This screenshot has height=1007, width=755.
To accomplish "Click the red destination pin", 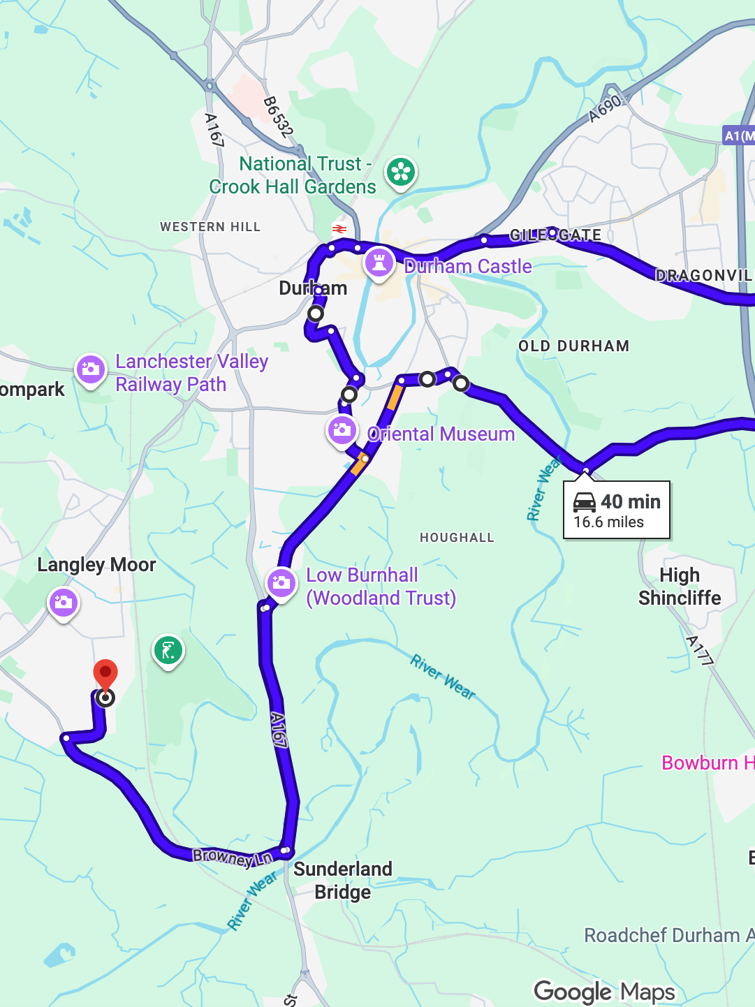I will coord(105,675).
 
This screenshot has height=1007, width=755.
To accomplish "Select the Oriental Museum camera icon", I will coord(342,430).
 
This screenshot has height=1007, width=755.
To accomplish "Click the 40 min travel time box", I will coord(617,510).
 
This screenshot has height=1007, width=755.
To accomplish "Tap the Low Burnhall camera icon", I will coord(281,583).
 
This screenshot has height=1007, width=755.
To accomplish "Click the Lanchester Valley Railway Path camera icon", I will coord(91,369).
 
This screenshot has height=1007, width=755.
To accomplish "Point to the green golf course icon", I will coord(168,651).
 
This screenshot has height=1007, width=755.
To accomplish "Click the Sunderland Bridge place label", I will coord(342,880).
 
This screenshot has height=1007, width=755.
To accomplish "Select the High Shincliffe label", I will coord(679,587).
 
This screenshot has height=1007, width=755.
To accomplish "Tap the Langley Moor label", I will coord(96,564).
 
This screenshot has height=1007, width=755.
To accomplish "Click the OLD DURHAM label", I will coord(573,346).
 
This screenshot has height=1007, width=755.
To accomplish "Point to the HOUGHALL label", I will coord(457,537).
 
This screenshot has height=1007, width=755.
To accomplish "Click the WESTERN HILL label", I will coord(210,227).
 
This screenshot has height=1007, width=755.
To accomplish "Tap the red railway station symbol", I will coord(339,228).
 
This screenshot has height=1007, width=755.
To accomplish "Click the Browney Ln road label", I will coord(232,857).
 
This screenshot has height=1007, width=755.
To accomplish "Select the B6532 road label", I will coord(278,116).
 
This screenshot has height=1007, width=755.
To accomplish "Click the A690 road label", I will coord(605,108).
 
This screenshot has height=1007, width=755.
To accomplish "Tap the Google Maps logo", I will coord(604,992).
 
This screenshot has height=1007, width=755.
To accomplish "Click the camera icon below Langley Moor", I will coord(64,602).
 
